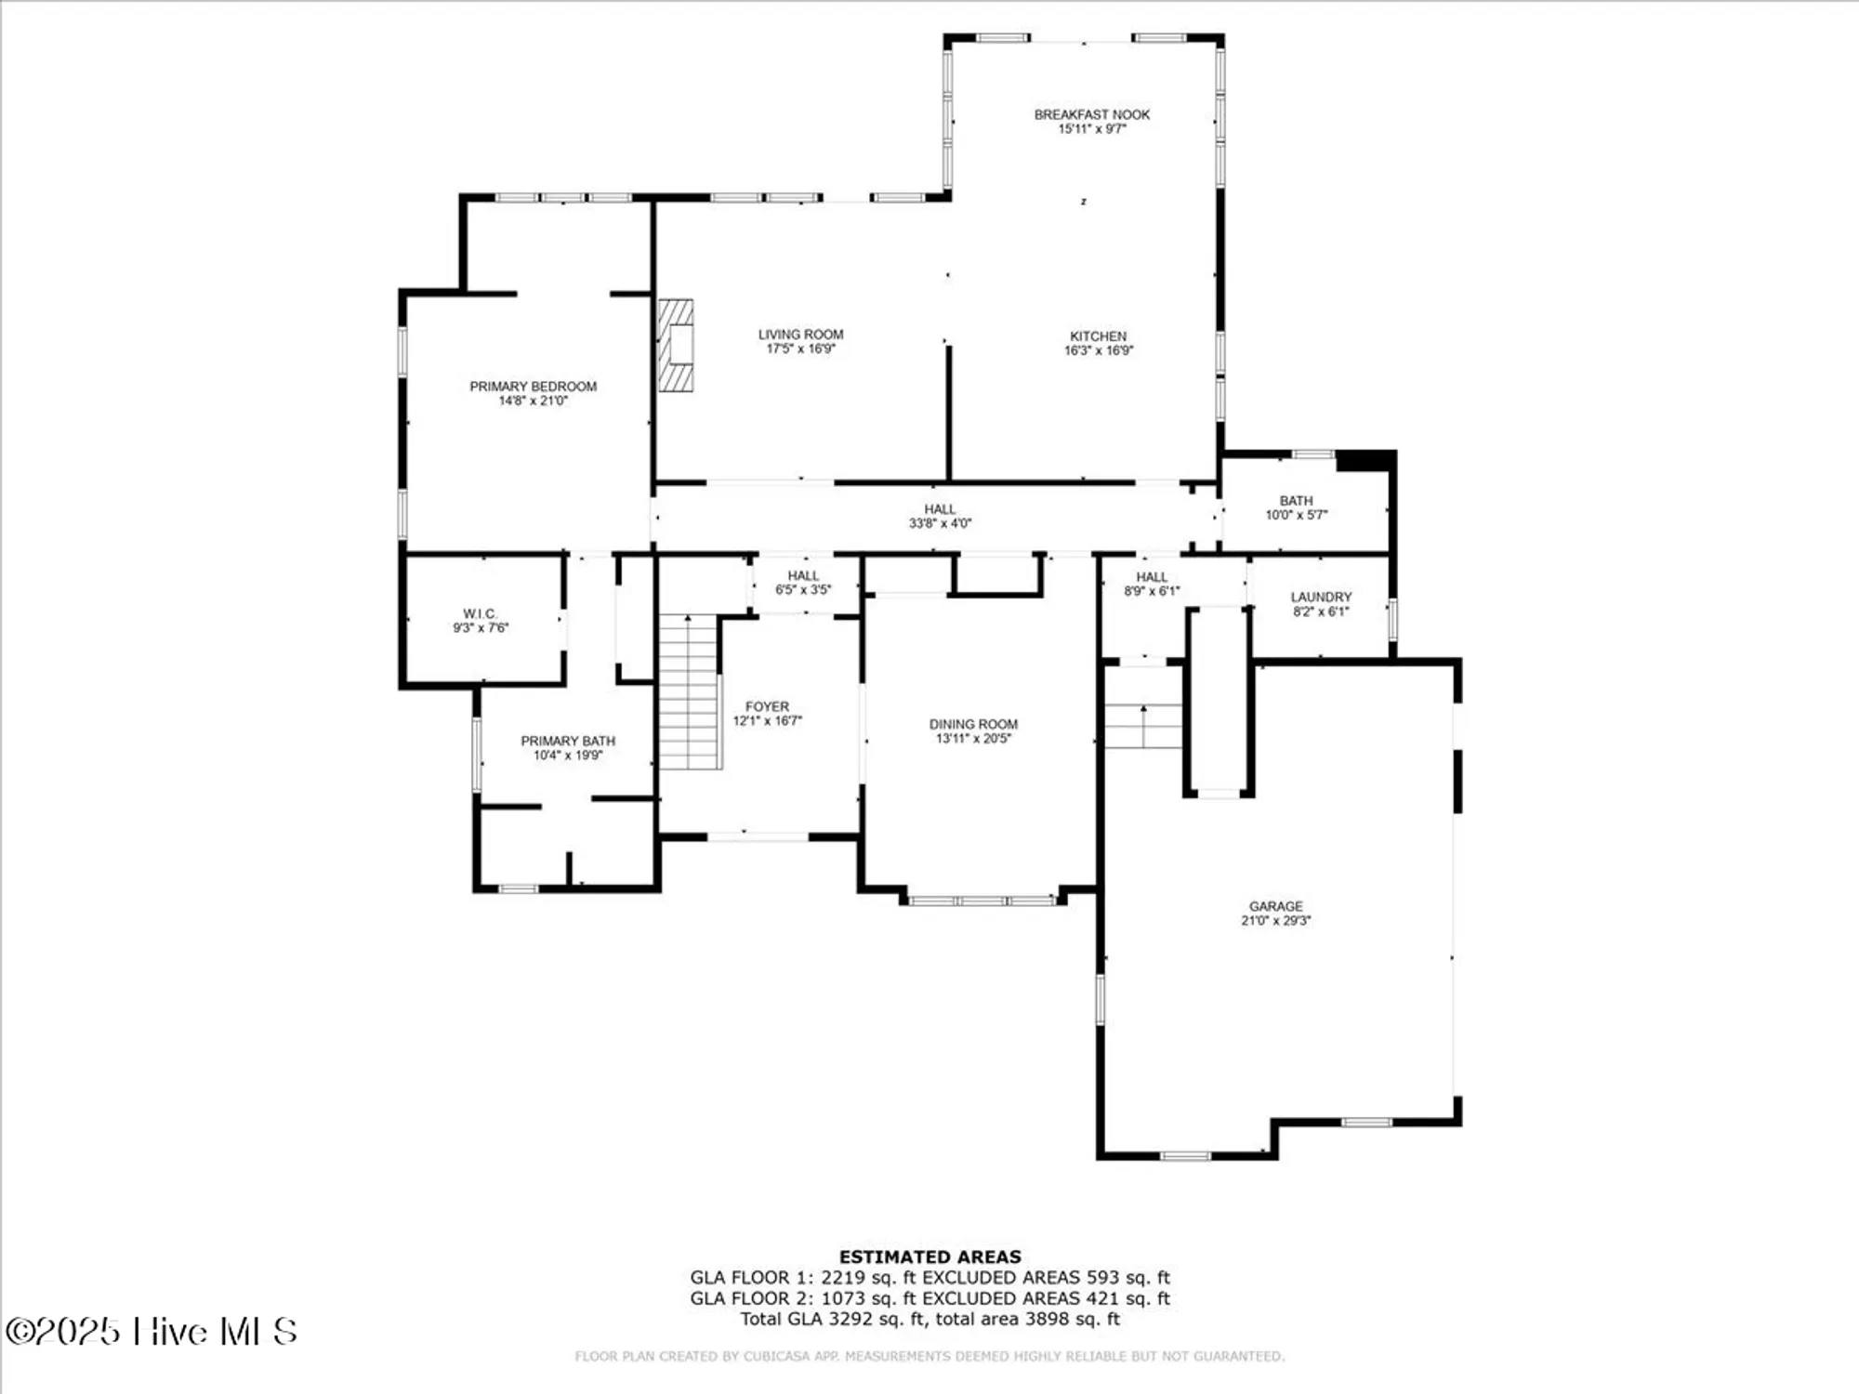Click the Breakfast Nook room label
[1091, 114]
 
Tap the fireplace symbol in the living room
[677, 345]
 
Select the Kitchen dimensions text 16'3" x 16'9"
[1098, 350]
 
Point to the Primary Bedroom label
[533, 386]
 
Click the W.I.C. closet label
[480, 613]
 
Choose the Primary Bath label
[567, 741]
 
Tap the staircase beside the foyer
[690, 692]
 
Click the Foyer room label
[767, 706]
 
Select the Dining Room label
[973, 724]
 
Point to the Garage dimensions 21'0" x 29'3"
[1275, 920]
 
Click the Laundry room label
[1320, 597]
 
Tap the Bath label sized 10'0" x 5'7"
[1296, 500]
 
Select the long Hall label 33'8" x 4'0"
[940, 509]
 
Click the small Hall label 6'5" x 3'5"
[803, 575]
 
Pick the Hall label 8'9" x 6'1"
[1151, 577]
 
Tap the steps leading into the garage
[1142, 726]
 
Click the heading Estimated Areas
[929, 1256]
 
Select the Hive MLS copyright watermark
[151, 1331]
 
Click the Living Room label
[800, 334]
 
